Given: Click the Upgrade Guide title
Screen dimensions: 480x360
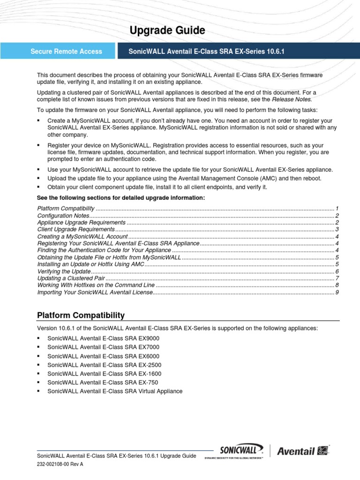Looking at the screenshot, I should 167,30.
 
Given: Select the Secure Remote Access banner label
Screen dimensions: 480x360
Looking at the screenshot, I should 66,52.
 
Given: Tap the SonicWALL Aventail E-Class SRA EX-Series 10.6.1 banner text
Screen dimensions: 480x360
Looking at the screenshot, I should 206,52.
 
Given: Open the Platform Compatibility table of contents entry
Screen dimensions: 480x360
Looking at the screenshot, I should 66,208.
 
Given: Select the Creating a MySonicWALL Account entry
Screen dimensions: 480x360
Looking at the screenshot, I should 82,237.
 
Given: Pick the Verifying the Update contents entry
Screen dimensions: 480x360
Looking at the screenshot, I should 64,271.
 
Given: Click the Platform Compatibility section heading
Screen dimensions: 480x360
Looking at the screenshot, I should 81,315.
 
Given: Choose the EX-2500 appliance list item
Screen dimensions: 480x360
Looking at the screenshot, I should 104,365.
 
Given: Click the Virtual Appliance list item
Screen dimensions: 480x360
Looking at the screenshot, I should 115,391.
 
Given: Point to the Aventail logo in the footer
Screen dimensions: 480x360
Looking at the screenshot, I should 302,451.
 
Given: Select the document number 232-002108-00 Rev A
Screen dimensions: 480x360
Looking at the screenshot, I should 60,465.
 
